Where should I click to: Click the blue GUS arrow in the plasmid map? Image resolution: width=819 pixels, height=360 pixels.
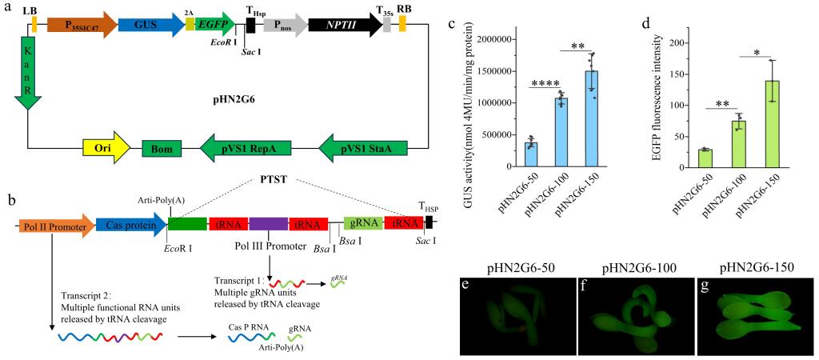[151, 25]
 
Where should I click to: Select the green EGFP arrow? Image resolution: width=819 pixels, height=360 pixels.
[214, 25]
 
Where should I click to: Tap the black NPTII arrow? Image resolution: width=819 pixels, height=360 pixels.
[346, 25]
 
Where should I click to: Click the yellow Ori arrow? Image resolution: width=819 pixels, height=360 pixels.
[106, 150]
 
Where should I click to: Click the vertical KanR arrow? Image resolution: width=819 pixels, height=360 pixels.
[28, 73]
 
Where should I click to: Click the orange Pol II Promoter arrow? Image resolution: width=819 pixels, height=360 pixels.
[56, 225]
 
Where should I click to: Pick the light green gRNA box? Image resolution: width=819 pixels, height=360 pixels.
[364, 225]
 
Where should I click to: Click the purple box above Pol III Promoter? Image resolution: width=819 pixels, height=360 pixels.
[269, 225]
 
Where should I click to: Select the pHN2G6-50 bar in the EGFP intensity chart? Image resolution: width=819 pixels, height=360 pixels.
[705, 158]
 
